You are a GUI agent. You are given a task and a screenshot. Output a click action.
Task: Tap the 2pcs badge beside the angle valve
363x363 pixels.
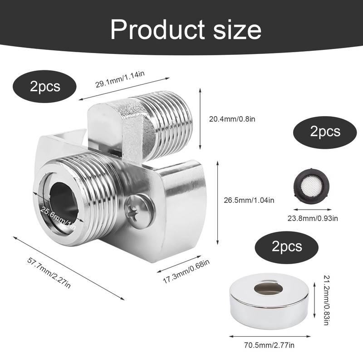(45, 86)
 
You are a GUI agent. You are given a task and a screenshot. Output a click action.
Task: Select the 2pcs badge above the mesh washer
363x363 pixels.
(325, 132)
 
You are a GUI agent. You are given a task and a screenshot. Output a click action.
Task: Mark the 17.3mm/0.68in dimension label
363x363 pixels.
(186, 273)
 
